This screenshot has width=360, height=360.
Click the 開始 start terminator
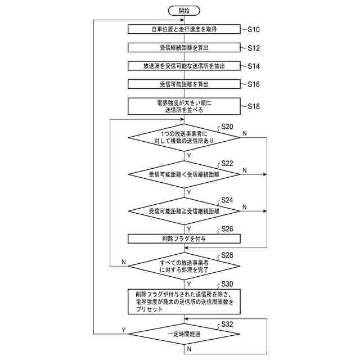coord(184,11)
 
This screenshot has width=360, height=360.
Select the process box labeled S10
coord(184,29)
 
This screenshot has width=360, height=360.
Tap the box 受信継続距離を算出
coord(184,47)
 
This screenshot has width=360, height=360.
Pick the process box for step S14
coord(184,66)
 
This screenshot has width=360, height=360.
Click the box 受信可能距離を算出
coord(184,84)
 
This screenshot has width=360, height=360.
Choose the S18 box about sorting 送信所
coord(184,106)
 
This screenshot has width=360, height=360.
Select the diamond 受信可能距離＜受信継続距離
coord(184,174)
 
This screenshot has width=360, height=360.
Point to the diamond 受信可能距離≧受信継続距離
coord(184,211)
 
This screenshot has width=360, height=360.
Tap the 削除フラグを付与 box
coord(184,238)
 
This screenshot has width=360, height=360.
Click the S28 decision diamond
coord(184,266)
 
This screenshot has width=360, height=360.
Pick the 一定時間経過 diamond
coord(184,334)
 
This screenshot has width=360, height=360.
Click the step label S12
coord(254,47)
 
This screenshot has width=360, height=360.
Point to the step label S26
coord(227,229)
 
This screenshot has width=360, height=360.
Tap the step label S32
coord(227,325)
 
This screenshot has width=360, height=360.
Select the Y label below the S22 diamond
coord(188,192)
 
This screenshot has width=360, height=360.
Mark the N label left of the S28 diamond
coord(123,262)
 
